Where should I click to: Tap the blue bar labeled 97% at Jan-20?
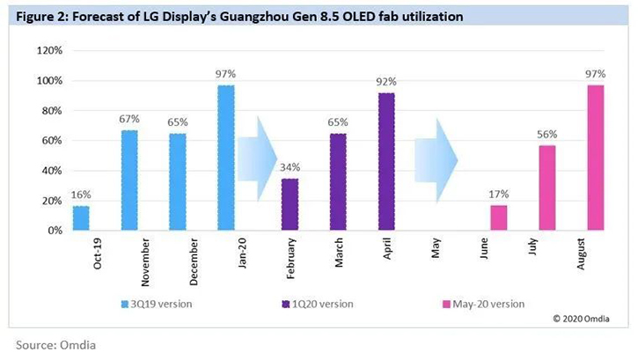coord(226,158)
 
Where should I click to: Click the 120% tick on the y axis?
coord(48,51)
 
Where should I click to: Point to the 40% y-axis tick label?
coord(51,171)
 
